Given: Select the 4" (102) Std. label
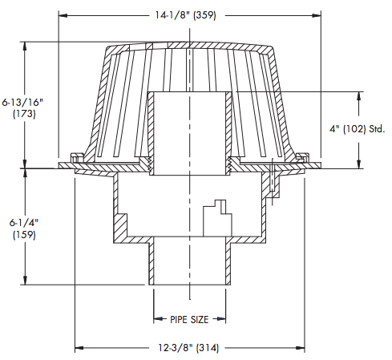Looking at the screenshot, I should click(x=356, y=128).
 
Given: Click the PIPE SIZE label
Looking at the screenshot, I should click(x=189, y=319).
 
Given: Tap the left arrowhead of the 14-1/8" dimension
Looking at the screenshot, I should click(x=63, y=14).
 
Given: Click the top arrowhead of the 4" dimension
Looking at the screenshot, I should click(x=356, y=93).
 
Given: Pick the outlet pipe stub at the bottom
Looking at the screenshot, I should click(x=190, y=265).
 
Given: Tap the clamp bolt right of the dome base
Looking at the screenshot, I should click(x=276, y=180).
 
